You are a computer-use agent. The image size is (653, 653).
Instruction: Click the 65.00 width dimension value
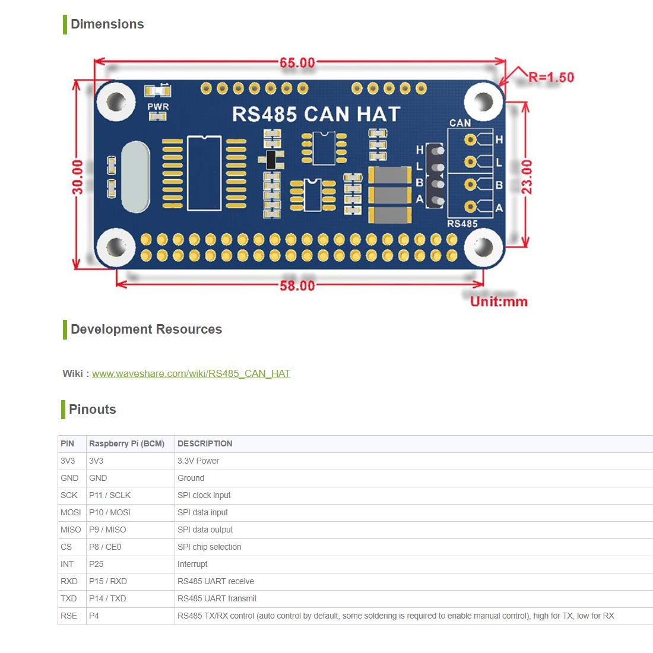297,62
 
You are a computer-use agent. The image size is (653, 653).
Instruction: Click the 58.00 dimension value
297,286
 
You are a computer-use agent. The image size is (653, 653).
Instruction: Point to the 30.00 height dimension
77,176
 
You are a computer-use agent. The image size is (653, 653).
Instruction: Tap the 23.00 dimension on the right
527,177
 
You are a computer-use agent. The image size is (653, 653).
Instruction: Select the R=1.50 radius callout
551,77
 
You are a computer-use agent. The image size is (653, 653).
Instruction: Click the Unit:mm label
499,302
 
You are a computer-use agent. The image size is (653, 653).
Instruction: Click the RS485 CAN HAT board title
316,114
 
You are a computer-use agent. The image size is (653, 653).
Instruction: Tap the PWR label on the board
158,107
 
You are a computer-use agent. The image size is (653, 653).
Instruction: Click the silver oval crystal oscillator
135,177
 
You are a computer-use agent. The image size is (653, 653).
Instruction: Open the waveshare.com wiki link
191,373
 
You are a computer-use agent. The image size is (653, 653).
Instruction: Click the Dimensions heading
107,24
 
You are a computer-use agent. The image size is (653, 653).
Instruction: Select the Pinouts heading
92,410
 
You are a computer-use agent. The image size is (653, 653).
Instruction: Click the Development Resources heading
146,329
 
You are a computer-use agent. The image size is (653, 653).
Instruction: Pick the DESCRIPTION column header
205,443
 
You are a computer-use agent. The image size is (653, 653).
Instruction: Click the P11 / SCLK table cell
110,495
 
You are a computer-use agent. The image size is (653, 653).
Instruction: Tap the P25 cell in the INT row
96,564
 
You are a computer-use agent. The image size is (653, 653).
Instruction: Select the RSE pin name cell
69,616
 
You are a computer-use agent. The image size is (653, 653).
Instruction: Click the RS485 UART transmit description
217,598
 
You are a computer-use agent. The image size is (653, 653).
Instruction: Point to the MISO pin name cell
71,530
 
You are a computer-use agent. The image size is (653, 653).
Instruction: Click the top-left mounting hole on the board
116,100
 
